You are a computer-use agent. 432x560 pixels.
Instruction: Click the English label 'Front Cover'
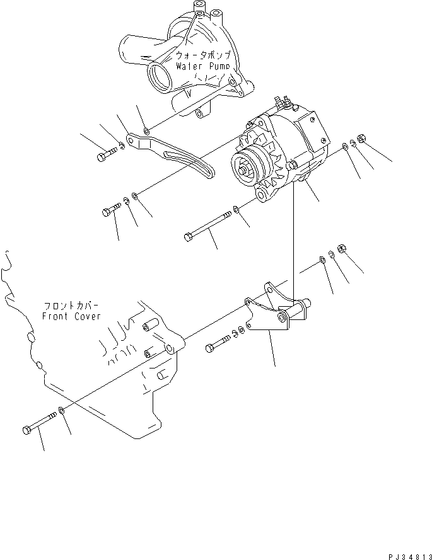coord(71,316)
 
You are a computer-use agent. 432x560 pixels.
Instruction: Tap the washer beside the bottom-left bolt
coord(61,411)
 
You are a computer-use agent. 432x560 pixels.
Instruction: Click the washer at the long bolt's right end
coord(236,209)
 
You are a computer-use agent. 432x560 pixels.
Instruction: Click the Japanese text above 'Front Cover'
coord(71,304)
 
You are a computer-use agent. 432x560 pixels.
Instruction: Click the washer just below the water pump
coord(146,131)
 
